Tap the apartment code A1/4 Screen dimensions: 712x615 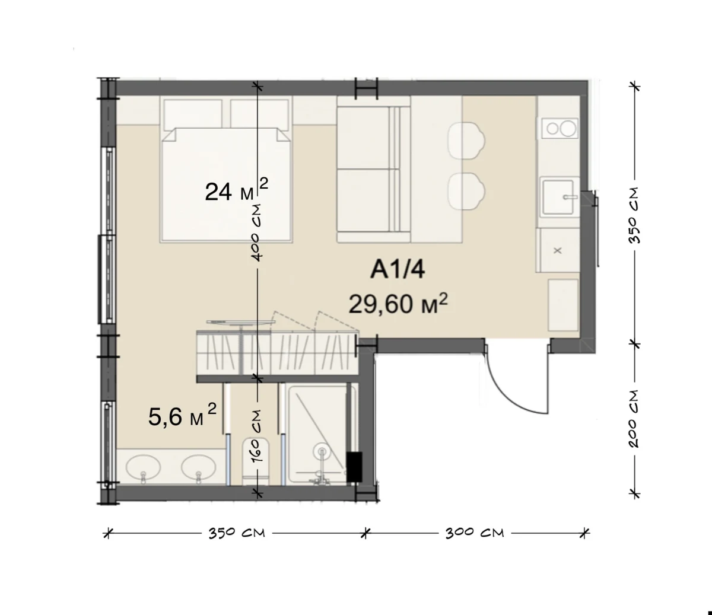pyautogui.click(x=398, y=269)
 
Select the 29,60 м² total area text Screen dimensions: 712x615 pyautogui.click(x=398, y=304)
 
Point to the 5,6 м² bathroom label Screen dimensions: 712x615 pyautogui.click(x=182, y=415)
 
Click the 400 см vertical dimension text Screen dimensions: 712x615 pyautogui.click(x=256, y=233)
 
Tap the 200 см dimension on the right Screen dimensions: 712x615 pyautogui.click(x=634, y=419)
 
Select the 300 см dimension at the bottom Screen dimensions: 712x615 pyautogui.click(x=475, y=533)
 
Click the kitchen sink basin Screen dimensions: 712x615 pyautogui.click(x=559, y=197)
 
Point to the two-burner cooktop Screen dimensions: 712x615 pyautogui.click(x=560, y=128)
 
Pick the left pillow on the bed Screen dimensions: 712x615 pyautogui.click(x=193, y=115)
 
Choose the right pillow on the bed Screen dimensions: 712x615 pyautogui.click(x=259, y=115)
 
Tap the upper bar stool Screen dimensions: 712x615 pyautogui.click(x=466, y=141)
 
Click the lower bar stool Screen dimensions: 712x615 pyautogui.click(x=466, y=191)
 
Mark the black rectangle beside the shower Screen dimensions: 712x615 pyautogui.click(x=354, y=467)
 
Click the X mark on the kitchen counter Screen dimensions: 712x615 pyautogui.click(x=558, y=251)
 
